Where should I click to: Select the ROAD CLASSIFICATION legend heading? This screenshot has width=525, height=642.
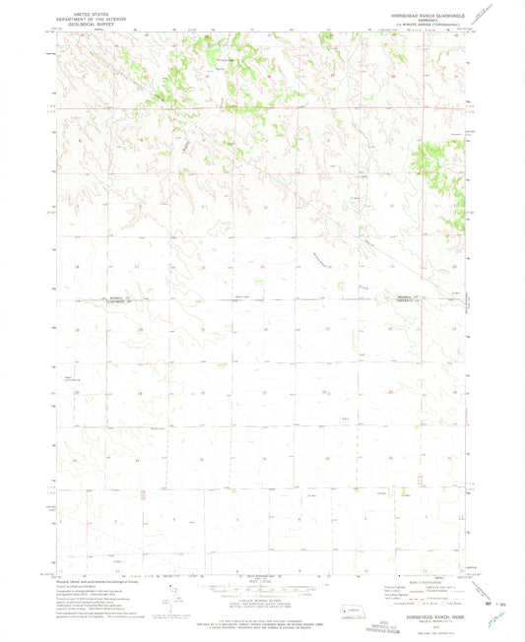(415, 582)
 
